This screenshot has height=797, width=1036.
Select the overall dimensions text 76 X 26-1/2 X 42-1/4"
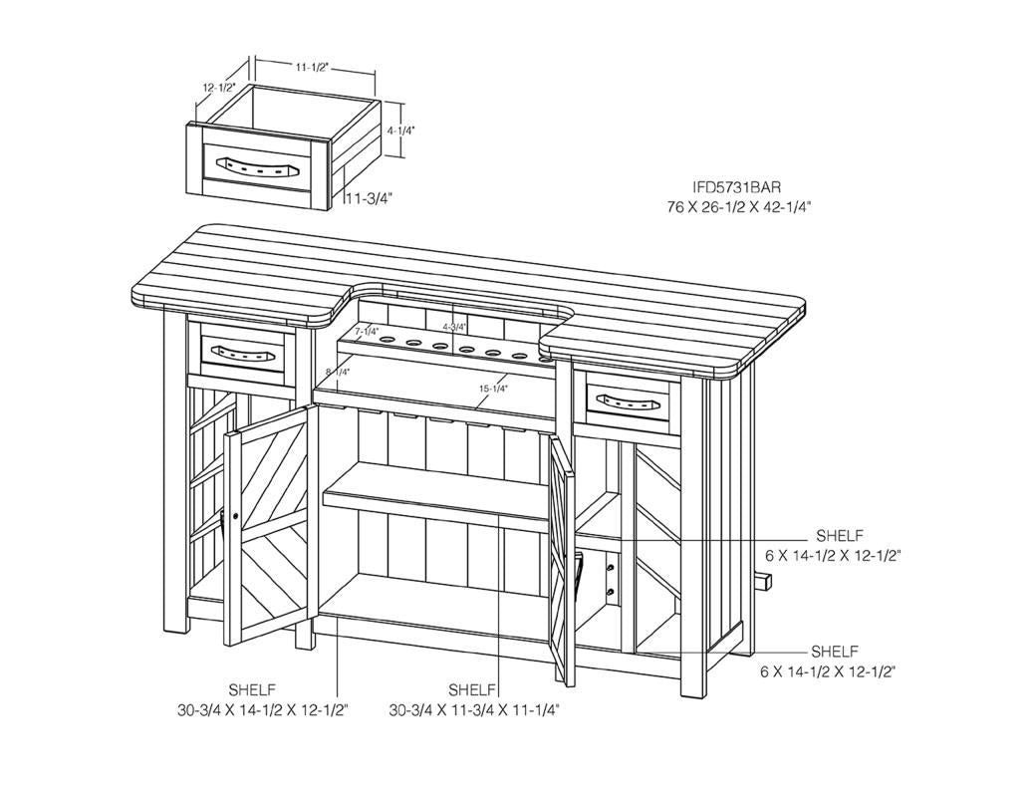(x=739, y=207)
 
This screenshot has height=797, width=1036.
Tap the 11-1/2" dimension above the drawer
(x=312, y=67)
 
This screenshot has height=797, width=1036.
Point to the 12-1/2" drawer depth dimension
(x=218, y=88)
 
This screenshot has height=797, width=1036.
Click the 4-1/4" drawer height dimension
(x=401, y=131)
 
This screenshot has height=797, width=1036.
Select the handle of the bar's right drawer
(x=627, y=399)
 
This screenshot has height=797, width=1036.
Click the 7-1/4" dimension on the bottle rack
(x=367, y=331)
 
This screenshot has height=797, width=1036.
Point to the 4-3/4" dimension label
(x=454, y=327)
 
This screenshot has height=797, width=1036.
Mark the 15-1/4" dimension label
(x=493, y=389)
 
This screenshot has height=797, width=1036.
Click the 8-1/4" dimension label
(x=338, y=372)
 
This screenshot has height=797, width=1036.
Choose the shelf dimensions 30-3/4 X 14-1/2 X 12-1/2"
(x=262, y=710)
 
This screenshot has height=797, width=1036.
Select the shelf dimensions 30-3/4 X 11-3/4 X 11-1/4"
(x=474, y=710)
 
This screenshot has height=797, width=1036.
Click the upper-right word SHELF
(x=839, y=535)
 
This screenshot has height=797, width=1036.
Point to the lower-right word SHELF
(x=835, y=652)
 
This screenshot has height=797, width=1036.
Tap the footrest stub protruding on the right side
(x=766, y=582)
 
